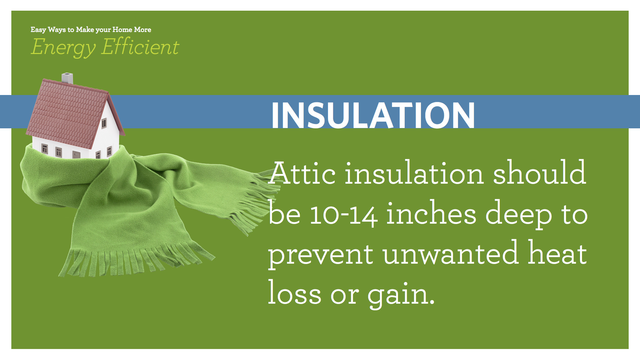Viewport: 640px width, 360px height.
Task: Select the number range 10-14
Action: point(344,215)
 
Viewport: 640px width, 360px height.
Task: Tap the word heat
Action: point(557,254)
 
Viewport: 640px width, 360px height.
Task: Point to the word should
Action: point(539,173)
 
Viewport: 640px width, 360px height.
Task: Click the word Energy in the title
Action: point(63,47)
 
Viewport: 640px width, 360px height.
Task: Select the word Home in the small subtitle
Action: point(122,30)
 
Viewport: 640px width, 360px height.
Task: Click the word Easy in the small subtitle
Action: point(38,30)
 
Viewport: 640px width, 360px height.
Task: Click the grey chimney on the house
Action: point(67,78)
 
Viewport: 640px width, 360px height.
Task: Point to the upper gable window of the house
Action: point(104,123)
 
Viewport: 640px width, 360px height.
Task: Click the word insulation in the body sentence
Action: point(414,173)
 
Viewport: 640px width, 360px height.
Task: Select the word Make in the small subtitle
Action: point(85,30)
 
